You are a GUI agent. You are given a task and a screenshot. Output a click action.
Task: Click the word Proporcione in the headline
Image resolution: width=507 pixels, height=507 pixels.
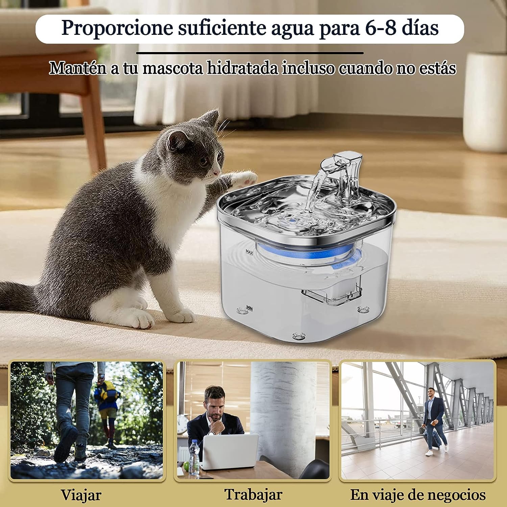pyautogui.click(x=117, y=28)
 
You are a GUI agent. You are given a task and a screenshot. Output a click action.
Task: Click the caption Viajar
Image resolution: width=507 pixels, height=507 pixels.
pyautogui.click(x=81, y=495)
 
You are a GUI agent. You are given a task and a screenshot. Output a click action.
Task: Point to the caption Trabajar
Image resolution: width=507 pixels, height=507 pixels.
pyautogui.click(x=254, y=494)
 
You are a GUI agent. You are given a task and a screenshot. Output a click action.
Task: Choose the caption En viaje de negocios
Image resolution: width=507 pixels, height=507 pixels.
pyautogui.click(x=418, y=495)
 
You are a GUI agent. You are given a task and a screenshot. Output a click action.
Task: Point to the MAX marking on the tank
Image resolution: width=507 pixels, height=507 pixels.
pyautogui.click(x=249, y=252)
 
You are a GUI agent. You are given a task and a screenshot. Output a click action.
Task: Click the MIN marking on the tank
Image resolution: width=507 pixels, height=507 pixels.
pyautogui.click(x=250, y=308)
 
